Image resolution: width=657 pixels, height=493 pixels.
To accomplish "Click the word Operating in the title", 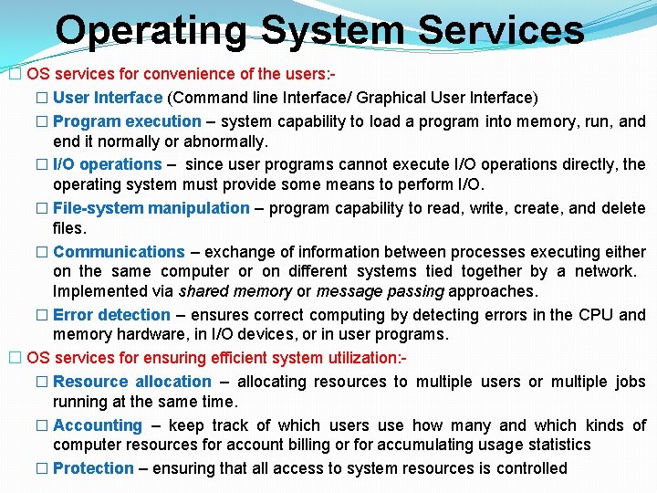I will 151,29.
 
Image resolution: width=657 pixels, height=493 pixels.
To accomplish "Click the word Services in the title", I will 497,29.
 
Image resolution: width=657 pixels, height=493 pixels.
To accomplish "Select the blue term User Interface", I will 108,98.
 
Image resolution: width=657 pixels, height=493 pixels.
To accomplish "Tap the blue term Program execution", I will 127,121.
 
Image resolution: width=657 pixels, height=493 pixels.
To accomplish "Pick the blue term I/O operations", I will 107,164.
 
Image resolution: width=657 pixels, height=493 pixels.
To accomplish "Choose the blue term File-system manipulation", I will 151,208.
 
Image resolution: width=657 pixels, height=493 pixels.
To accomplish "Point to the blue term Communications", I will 119,251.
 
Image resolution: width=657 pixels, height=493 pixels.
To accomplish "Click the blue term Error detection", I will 111,315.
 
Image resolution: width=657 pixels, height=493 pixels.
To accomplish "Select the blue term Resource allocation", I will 131,382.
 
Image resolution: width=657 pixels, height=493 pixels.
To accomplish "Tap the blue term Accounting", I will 98,425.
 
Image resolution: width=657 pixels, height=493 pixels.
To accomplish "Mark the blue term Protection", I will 93,468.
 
